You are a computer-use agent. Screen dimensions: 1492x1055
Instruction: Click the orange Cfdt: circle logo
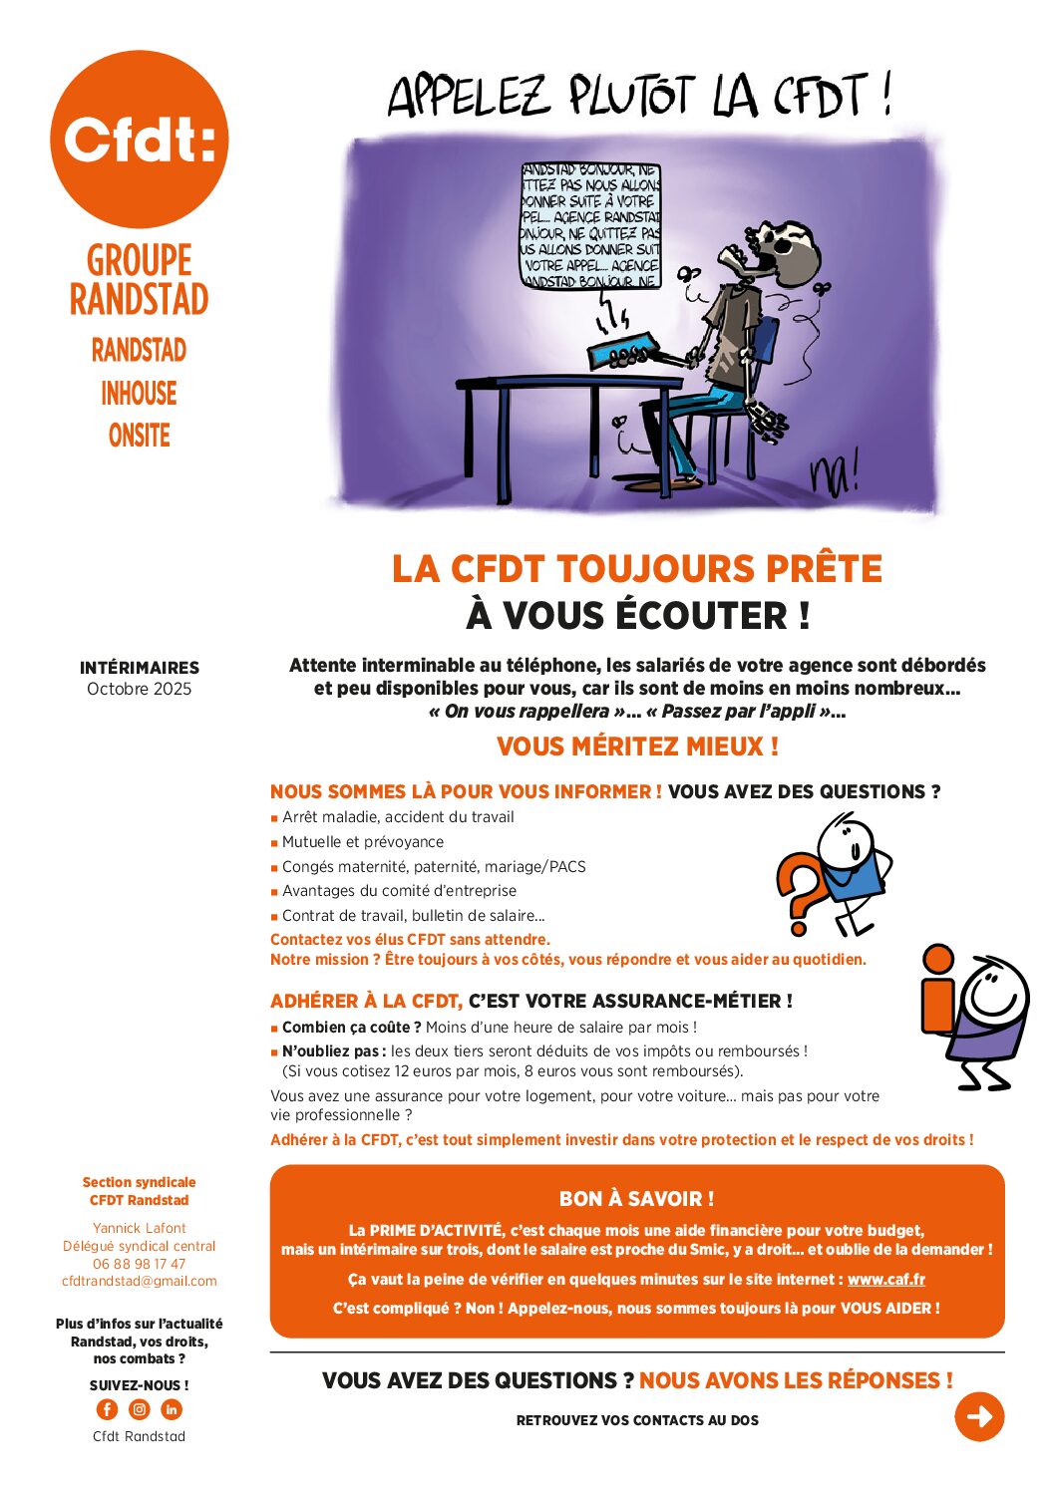139,140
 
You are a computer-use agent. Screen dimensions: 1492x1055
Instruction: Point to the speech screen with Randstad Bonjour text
590,227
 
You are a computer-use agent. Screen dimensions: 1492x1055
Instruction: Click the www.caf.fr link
885,1279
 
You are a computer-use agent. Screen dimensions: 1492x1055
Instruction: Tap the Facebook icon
107,1409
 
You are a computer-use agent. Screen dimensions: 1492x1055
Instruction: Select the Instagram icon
140,1409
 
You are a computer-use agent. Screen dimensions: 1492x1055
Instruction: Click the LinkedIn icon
172,1409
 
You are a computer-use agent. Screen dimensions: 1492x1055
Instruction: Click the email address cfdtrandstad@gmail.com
139,1281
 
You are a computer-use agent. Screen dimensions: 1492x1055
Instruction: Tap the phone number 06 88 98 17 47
139,1264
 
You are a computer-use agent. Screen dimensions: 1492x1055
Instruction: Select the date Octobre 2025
139,689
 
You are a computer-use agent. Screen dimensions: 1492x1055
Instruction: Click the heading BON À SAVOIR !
636,1199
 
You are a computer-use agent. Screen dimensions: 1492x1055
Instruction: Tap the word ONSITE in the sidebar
139,436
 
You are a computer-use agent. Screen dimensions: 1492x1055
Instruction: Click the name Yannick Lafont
139,1228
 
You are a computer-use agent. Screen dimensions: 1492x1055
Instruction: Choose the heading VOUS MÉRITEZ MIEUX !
637,746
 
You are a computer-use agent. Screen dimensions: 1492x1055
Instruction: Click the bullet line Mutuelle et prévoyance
362,842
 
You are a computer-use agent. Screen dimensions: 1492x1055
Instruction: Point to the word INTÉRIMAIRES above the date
139,668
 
